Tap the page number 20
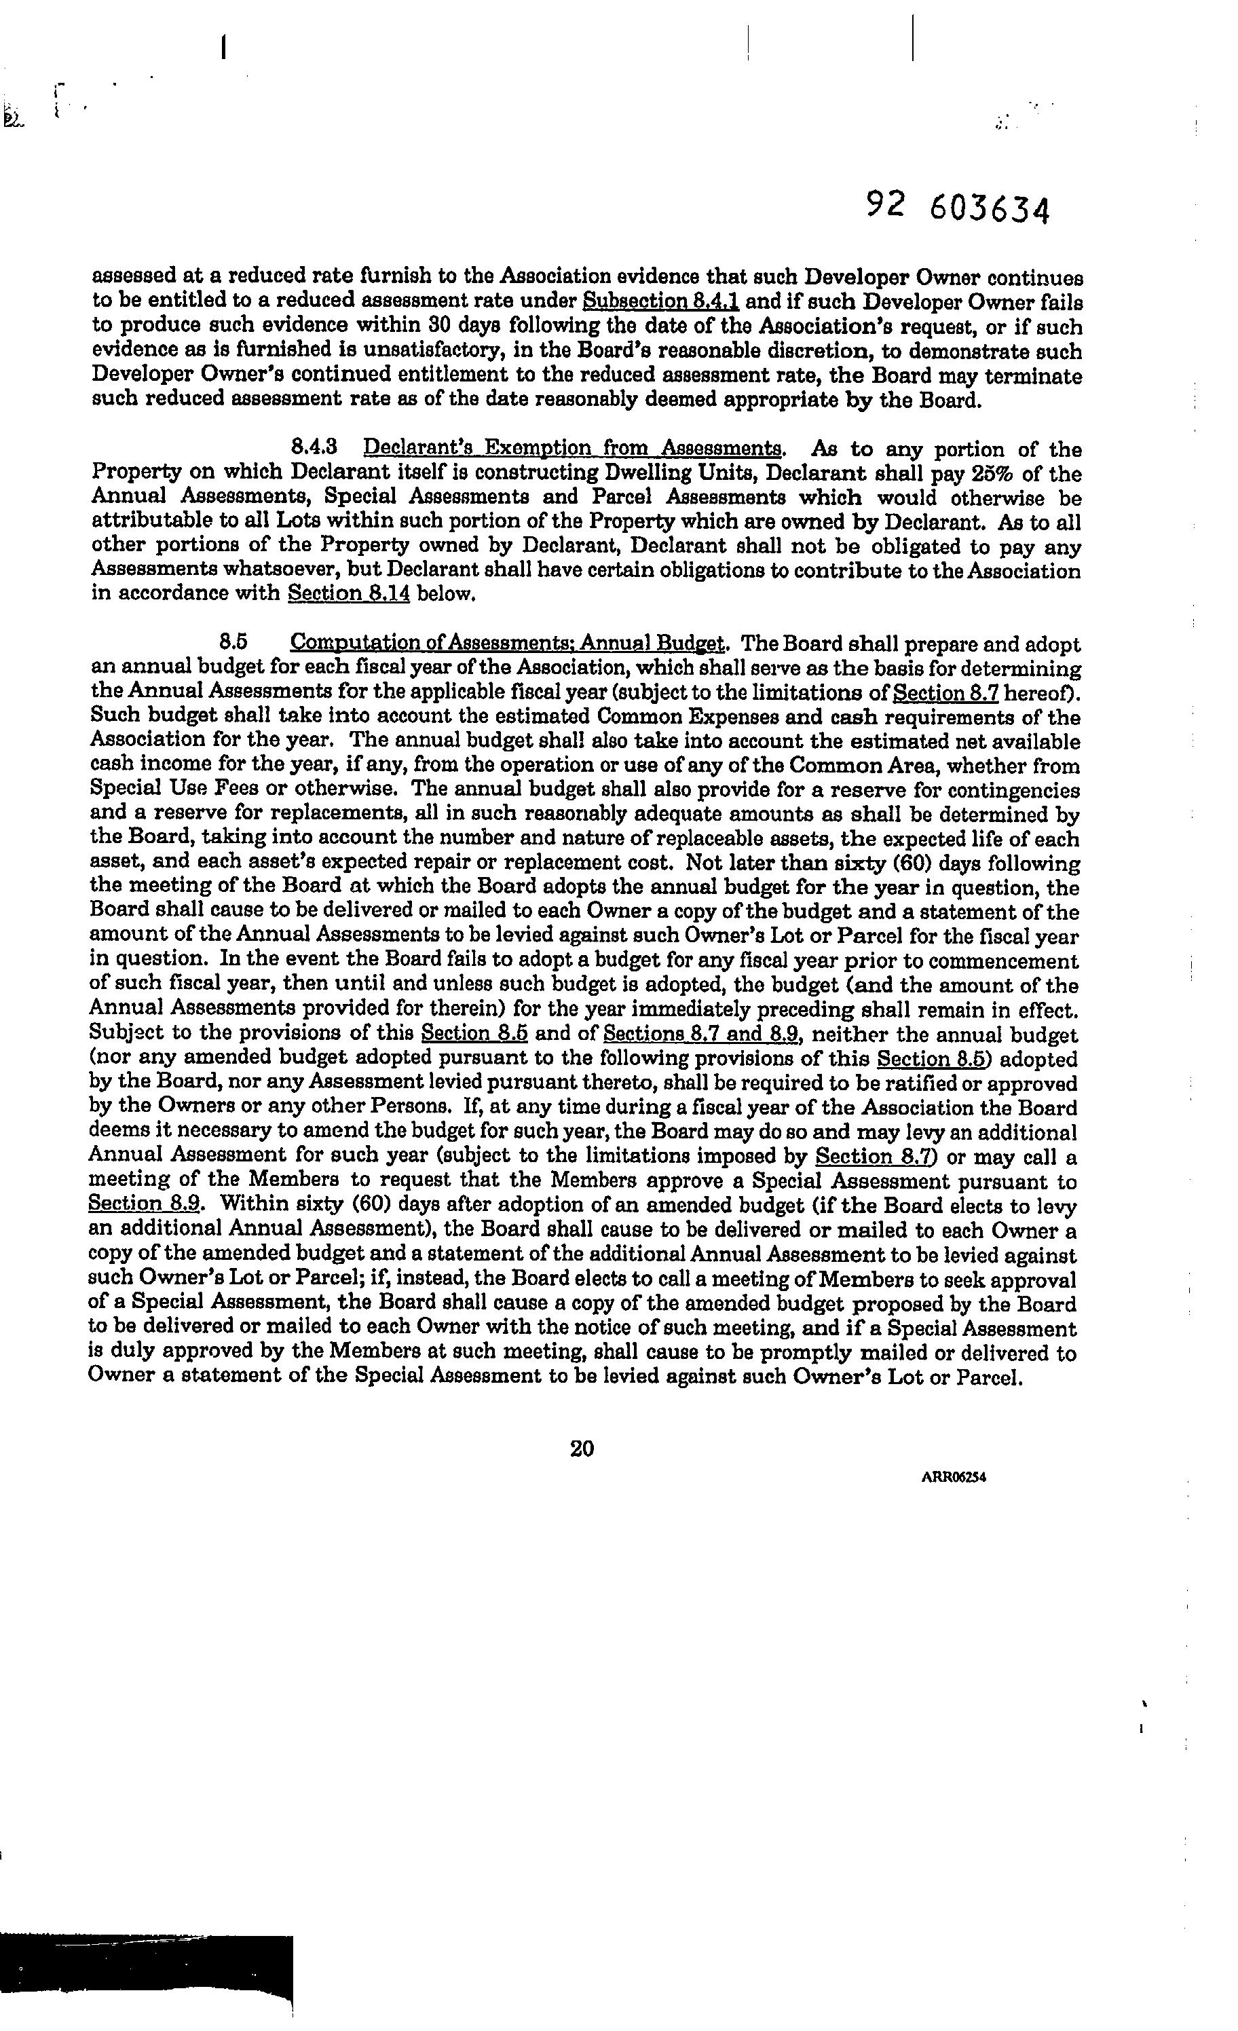pyautogui.click(x=582, y=1449)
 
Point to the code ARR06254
pyautogui.click(x=954, y=1477)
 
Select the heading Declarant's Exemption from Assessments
pyautogui.click(x=574, y=449)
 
